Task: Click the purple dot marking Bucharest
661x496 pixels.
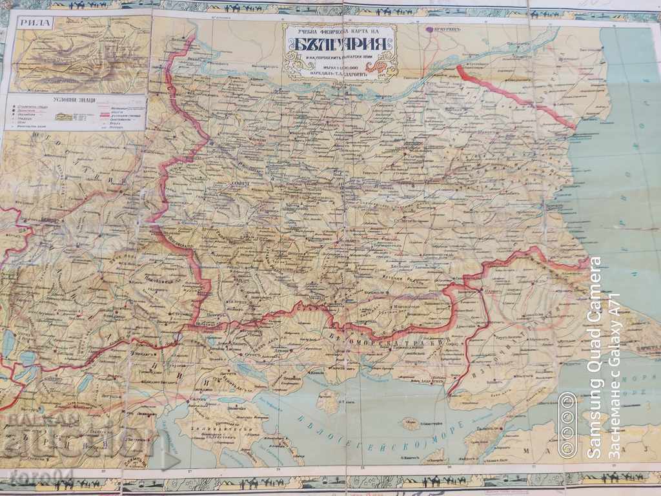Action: point(429,29)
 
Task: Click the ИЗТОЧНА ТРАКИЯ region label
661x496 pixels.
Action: point(516,349)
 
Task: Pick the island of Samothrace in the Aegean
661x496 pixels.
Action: point(411,424)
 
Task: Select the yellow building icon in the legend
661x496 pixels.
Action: point(65,117)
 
